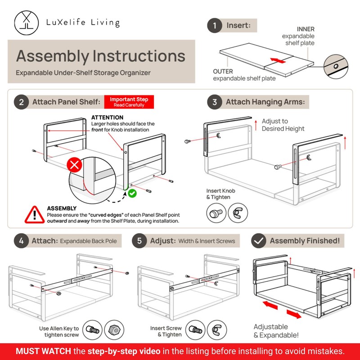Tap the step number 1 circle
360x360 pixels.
(x=215, y=25)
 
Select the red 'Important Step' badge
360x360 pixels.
(x=129, y=102)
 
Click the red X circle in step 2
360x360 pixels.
(x=74, y=165)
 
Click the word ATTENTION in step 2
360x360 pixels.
(x=107, y=117)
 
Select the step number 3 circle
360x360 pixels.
(x=215, y=102)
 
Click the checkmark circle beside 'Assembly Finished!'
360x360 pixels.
(x=258, y=241)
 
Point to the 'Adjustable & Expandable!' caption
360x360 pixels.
(x=275, y=331)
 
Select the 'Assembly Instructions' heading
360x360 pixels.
(x=101, y=56)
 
